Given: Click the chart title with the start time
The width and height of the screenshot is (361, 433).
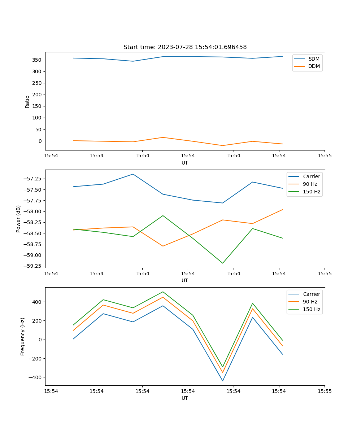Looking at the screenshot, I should click(x=185, y=47).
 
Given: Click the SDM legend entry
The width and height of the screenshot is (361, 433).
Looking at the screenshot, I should click(x=314, y=59).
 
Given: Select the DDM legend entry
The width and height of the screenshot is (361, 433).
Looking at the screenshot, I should click(x=314, y=66).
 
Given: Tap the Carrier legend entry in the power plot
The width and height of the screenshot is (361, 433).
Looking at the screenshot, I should click(x=311, y=176).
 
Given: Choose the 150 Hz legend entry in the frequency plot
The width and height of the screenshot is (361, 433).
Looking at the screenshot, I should click(x=312, y=309).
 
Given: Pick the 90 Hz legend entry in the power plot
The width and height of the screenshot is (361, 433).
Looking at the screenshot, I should click(x=310, y=184).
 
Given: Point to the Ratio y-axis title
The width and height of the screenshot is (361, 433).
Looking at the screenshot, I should click(x=27, y=101).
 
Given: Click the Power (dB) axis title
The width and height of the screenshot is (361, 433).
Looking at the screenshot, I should click(x=18, y=219).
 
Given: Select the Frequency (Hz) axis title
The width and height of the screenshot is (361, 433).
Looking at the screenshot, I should click(x=23, y=336).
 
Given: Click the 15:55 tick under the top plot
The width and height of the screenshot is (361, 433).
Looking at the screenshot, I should click(x=325, y=156).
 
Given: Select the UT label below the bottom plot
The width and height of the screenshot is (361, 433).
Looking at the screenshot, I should click(x=185, y=398).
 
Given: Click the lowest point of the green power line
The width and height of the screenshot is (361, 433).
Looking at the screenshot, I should click(x=222, y=263).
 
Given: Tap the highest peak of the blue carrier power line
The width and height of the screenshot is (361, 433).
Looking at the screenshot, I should click(x=133, y=174).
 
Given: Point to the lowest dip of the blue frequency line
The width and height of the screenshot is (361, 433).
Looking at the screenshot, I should click(x=222, y=381).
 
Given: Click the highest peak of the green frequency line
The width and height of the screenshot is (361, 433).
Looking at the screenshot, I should click(x=163, y=292).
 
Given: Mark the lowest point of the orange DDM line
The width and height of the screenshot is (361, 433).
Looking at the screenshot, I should click(x=222, y=145).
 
